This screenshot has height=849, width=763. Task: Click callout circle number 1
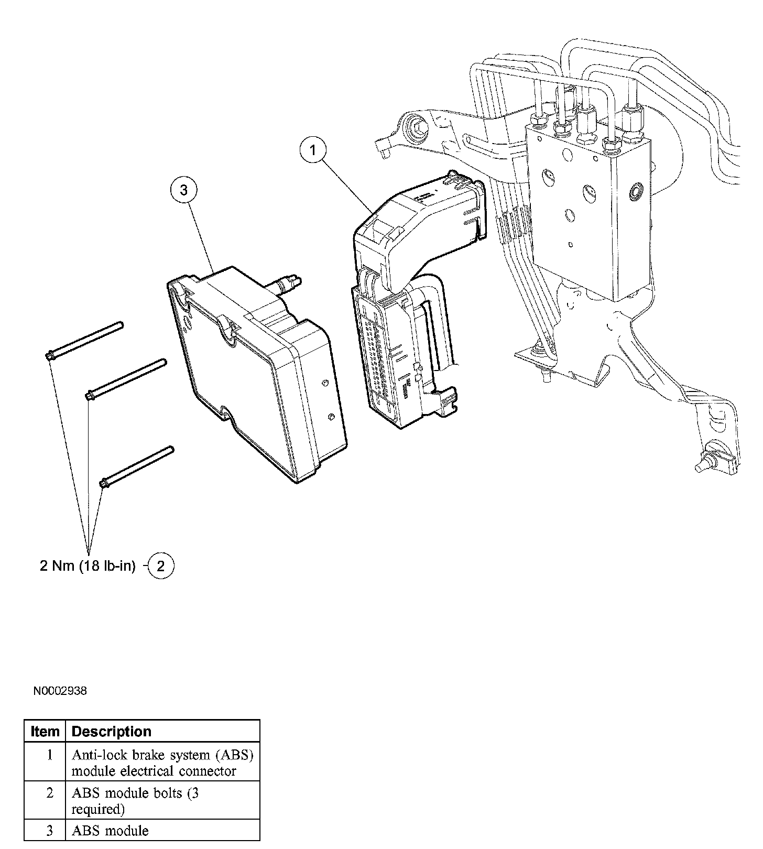pyautogui.click(x=313, y=151)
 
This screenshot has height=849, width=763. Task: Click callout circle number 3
pyautogui.click(x=183, y=190)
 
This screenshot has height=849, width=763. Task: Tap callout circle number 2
pyautogui.click(x=161, y=566)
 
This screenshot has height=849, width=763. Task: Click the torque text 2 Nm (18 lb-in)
pyautogui.click(x=88, y=566)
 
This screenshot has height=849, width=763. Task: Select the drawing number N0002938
pyautogui.click(x=60, y=691)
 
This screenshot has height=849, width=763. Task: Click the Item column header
pyautogui.click(x=45, y=731)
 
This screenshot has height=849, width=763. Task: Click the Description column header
pyautogui.click(x=111, y=731)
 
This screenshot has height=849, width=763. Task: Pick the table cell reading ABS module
pyautogui.click(x=110, y=831)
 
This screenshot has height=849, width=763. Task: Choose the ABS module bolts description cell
pyautogui.click(x=135, y=801)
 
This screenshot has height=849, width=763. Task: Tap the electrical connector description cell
pyautogui.click(x=162, y=763)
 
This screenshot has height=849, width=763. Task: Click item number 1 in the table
pyautogui.click(x=50, y=755)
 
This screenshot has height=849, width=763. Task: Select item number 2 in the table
pyautogui.click(x=50, y=793)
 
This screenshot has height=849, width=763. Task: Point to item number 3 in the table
pyautogui.click(x=50, y=831)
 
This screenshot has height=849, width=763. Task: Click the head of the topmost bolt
pyautogui.click(x=49, y=356)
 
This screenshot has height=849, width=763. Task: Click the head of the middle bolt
pyautogui.click(x=90, y=395)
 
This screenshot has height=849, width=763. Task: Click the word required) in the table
pyautogui.click(x=98, y=809)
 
